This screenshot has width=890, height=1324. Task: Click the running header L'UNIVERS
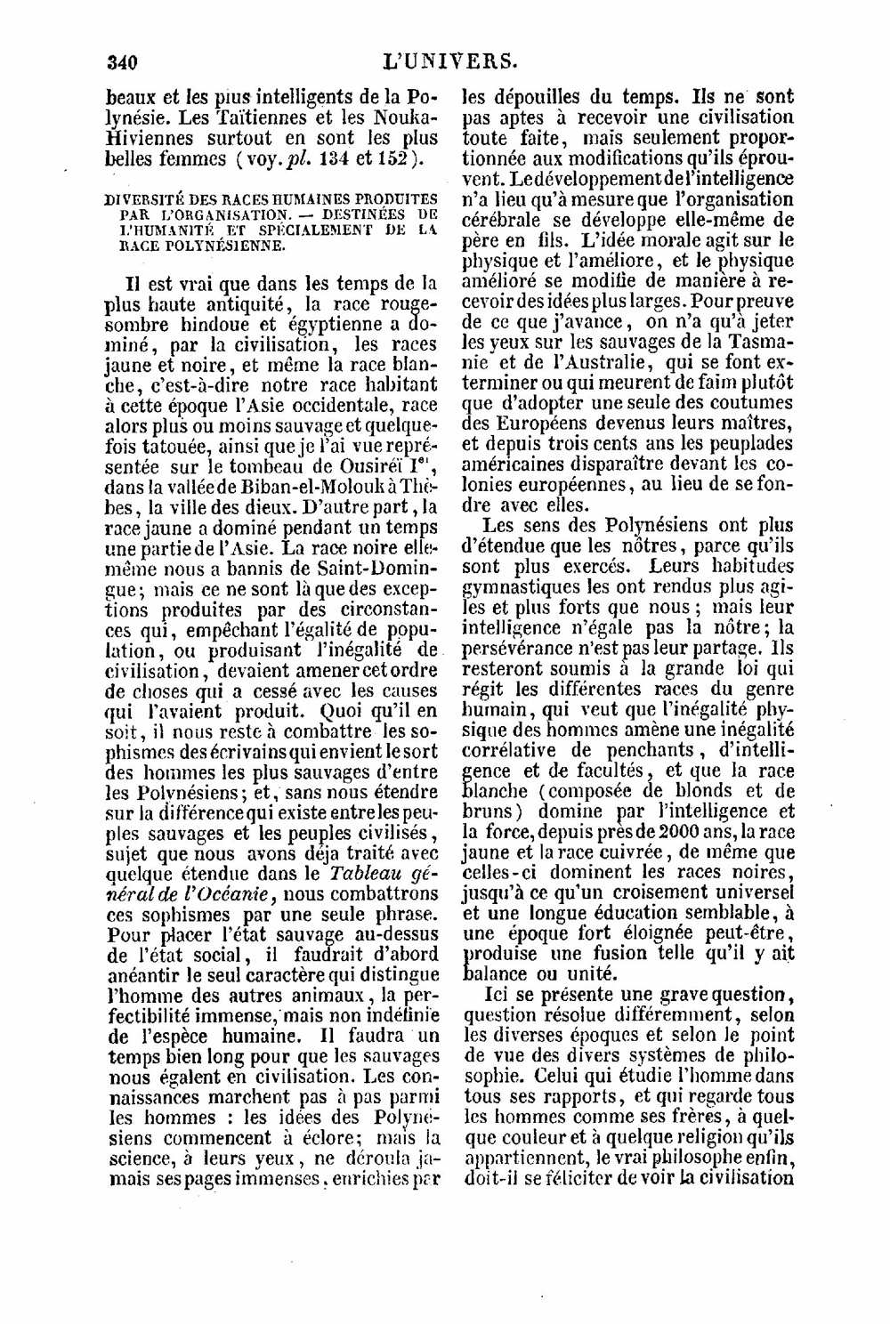coord(449,62)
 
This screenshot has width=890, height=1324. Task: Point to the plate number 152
coord(390,160)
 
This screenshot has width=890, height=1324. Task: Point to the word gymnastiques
coord(519,587)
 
